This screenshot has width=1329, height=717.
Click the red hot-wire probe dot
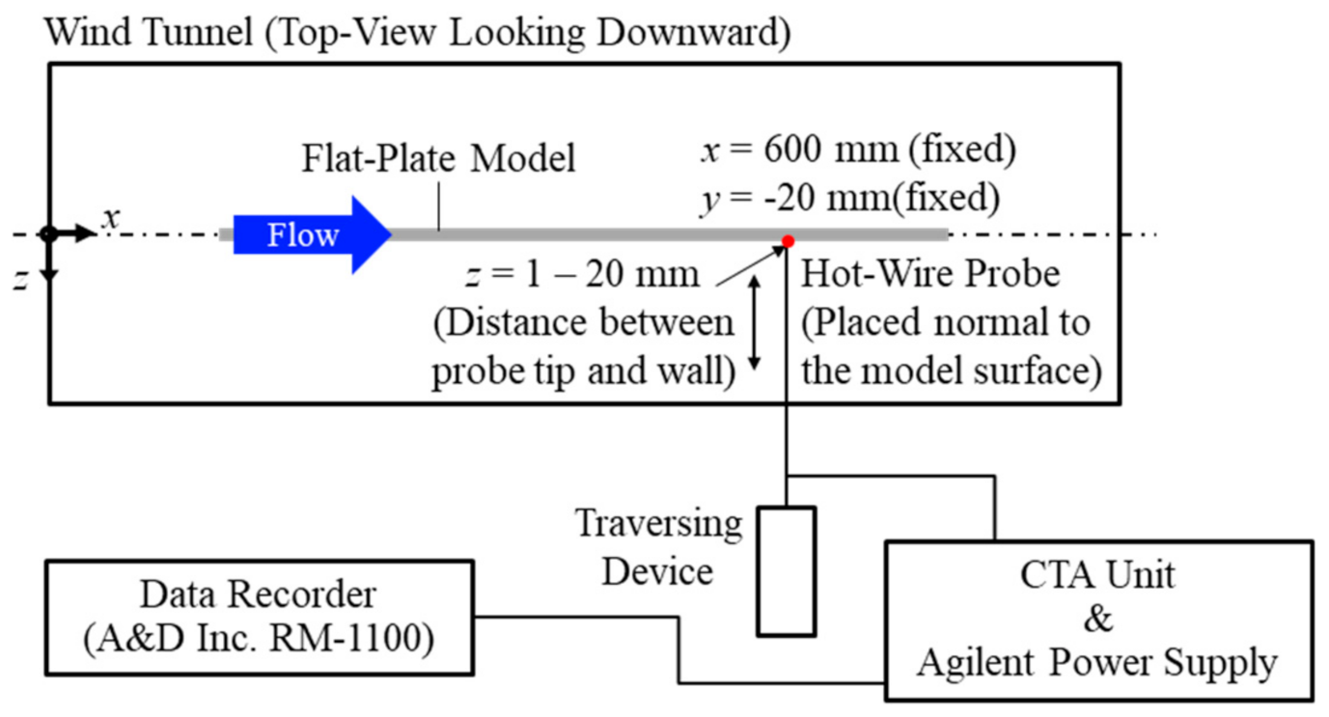click(788, 241)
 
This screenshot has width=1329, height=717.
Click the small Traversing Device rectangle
click(786, 571)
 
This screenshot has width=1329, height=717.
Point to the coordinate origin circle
click(47, 234)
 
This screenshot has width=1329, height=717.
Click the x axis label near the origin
click(112, 219)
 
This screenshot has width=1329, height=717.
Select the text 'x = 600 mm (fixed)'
click(858, 152)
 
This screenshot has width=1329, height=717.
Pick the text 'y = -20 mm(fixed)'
click(848, 199)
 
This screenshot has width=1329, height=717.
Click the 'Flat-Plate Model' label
click(437, 156)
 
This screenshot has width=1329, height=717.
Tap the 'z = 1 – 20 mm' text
click(581, 274)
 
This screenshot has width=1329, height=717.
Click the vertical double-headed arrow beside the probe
click(755, 322)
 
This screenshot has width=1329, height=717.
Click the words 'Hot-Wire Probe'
click(930, 274)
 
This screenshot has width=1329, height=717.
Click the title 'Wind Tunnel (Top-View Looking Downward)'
click(418, 33)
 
